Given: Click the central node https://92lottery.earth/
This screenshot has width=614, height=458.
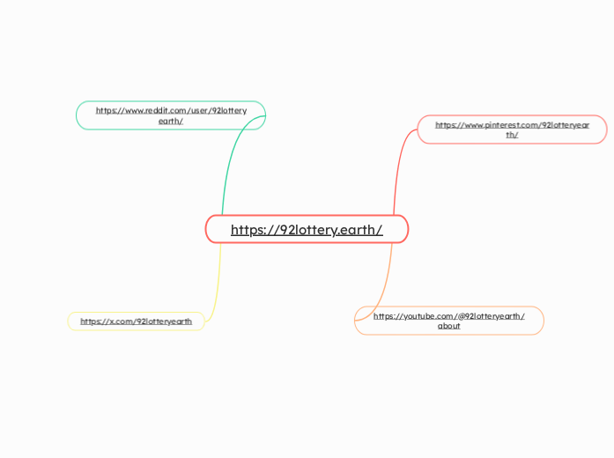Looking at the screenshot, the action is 307,229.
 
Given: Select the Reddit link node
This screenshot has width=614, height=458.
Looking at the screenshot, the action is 170,115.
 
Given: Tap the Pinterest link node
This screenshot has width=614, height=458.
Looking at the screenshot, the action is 512,129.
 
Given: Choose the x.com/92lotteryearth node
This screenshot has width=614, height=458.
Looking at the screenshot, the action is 136,321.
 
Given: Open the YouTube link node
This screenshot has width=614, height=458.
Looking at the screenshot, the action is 448,321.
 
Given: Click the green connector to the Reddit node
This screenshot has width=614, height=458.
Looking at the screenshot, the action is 231,159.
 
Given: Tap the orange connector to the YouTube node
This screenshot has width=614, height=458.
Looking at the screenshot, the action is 386,282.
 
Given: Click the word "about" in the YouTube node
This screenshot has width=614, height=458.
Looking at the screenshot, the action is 448,326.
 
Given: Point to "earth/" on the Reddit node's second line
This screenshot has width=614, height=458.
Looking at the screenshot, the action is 170,121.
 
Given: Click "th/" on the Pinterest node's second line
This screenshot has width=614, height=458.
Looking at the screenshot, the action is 512,135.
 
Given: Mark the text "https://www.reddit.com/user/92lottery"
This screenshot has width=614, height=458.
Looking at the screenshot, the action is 171,110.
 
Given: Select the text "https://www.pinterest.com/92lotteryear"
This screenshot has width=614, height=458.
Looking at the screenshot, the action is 512,125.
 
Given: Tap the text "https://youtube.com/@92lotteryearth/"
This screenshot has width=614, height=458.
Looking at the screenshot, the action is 448,315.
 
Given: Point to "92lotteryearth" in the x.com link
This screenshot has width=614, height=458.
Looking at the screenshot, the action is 164,321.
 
